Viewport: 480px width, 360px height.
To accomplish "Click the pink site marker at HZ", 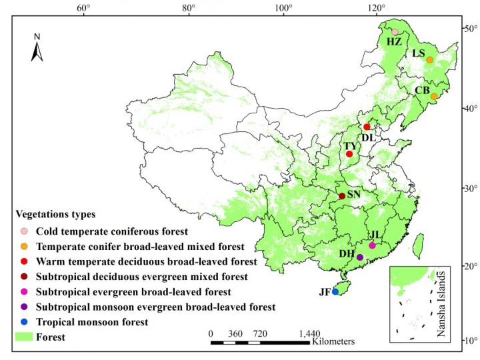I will [395, 32].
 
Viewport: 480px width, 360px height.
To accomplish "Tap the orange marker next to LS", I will [430, 60].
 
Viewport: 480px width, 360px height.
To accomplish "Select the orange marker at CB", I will [434, 97].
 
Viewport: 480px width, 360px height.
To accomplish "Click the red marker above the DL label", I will [367, 127].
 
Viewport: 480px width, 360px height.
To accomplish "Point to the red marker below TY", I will [349, 154].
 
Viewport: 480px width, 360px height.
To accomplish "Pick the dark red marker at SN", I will [342, 196].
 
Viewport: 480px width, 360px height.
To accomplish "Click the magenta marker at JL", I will [372, 246].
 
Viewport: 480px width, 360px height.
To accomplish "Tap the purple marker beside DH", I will [360, 257].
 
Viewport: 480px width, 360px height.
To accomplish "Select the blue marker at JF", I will [335, 292].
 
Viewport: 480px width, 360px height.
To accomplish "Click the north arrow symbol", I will [38, 48].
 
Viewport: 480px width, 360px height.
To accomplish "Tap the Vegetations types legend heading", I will [55, 215].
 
